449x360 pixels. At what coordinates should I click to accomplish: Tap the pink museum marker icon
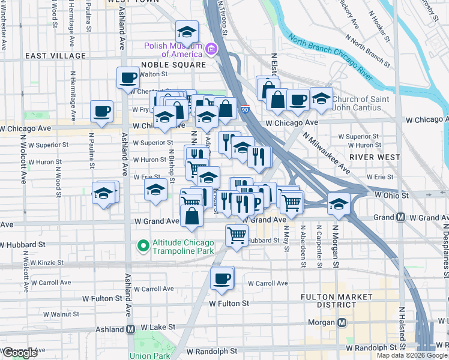click(211, 48)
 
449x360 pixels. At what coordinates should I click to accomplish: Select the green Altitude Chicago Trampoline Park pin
click(143, 245)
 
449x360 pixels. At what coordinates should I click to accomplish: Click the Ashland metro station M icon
click(130, 329)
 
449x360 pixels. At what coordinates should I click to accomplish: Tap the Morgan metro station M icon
click(342, 322)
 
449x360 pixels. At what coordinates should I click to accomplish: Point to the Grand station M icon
click(400, 217)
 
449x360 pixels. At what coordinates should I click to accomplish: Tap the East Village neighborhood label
click(55, 56)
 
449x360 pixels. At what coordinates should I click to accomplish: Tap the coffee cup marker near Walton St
click(128, 77)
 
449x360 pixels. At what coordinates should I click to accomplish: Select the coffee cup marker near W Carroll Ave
click(222, 278)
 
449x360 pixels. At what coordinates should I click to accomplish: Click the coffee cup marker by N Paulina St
click(101, 111)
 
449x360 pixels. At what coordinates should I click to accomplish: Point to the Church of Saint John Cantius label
click(357, 103)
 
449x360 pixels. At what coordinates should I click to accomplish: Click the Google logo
click(20, 353)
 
